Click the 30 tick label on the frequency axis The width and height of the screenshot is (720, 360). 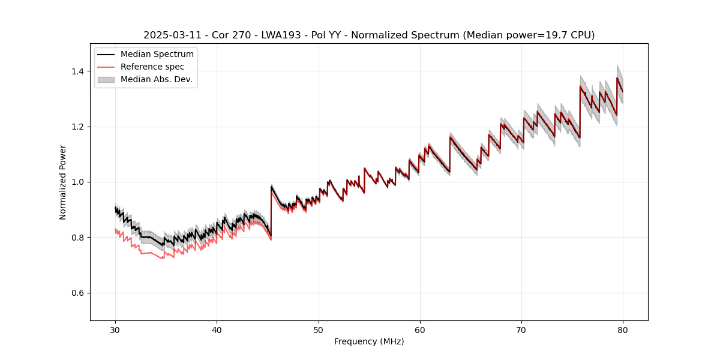[115, 329]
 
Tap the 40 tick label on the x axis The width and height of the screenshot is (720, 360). [217, 329]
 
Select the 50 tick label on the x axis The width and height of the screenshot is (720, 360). [319, 329]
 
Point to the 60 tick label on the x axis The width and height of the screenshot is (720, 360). [420, 329]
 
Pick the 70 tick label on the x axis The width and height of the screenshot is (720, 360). [521, 329]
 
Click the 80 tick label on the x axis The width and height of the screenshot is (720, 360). [623, 329]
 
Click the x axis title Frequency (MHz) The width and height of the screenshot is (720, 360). [369, 341]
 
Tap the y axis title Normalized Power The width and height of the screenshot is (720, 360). [63, 182]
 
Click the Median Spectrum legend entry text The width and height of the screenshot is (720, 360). [157, 55]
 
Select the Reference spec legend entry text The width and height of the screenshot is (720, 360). [152, 67]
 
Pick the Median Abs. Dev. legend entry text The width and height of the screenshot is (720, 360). [157, 79]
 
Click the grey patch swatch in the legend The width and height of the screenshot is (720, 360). [106, 79]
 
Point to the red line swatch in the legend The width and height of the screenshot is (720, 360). [106, 67]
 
